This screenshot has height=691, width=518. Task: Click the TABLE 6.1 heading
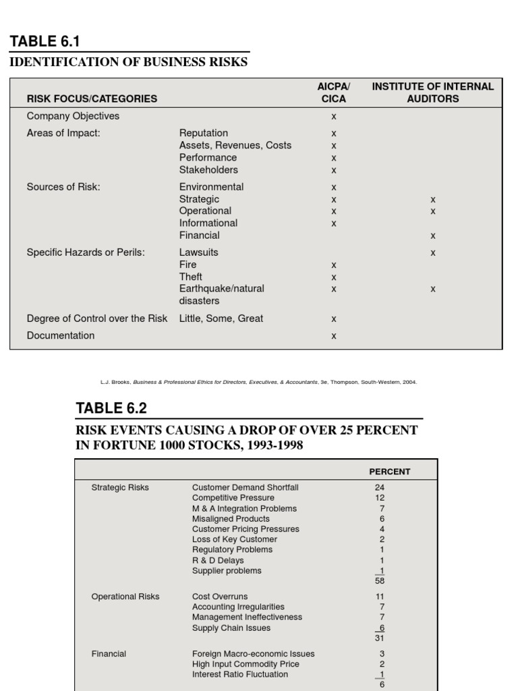tap(45, 42)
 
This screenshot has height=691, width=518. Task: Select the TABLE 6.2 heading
tap(111, 408)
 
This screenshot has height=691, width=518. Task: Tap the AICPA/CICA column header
tap(333, 92)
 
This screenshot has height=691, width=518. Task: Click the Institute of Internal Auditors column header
tap(432, 92)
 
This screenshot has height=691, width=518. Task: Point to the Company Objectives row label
tap(73, 116)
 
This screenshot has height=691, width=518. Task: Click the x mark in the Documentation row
tap(333, 336)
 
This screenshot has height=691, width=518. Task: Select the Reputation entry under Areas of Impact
tap(204, 133)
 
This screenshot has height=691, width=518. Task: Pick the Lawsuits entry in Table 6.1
tap(199, 252)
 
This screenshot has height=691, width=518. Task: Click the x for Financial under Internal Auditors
tap(433, 236)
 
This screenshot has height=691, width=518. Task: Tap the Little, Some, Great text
tap(221, 319)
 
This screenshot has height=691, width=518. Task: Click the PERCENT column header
tap(389, 472)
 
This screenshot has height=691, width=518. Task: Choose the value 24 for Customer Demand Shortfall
tap(379, 487)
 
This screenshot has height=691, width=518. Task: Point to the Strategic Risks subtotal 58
tap(380, 580)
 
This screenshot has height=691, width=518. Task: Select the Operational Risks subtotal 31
tap(380, 638)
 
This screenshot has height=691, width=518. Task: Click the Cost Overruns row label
tap(220, 597)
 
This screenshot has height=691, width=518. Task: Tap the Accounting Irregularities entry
tap(238, 607)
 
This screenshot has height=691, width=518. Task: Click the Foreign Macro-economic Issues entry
tap(253, 654)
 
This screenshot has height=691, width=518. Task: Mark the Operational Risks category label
tap(125, 597)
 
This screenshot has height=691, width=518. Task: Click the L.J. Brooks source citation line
tap(258, 382)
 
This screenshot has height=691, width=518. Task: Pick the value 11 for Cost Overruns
tap(380, 597)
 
